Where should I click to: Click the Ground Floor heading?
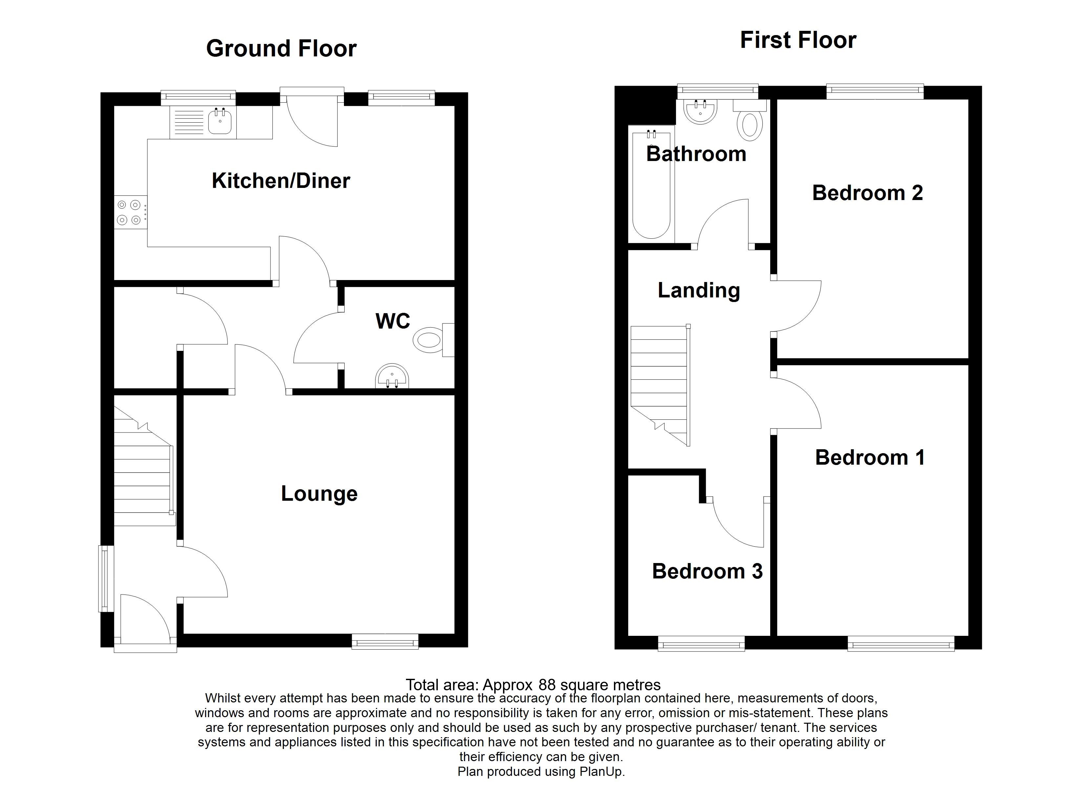[281, 49]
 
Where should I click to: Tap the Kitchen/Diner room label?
[281, 181]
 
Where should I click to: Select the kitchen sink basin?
[220, 122]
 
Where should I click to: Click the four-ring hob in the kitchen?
[129, 212]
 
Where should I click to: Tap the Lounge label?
[319, 494]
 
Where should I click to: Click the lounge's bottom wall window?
[385, 641]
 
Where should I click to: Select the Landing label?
[699, 290]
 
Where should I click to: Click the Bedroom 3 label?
[707, 571]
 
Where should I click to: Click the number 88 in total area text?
[547, 685]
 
